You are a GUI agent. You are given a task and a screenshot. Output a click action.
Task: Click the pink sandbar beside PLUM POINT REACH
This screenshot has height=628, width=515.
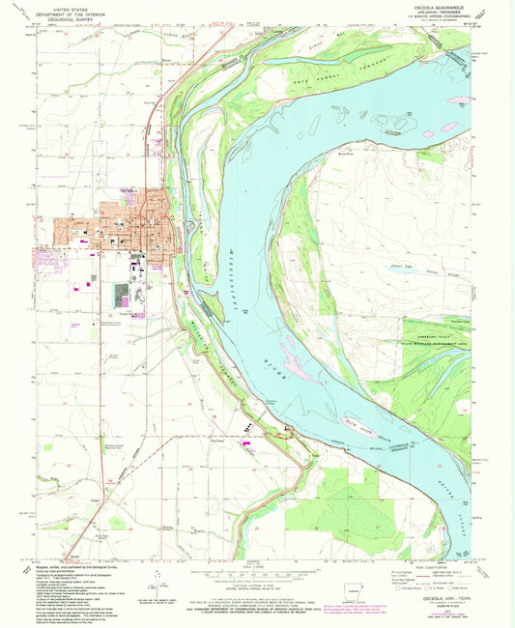pyautogui.click(x=353, y=420)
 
